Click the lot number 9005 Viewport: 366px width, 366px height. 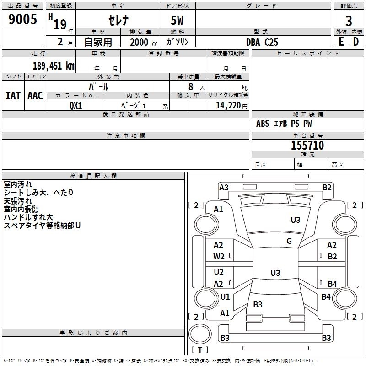click(22, 19)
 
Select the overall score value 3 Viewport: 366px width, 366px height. click(349, 21)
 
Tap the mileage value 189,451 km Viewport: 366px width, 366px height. click(53, 66)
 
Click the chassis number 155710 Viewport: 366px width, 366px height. click(307, 145)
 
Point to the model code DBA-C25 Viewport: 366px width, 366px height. click(262, 42)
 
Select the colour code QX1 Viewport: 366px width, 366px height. click(76, 105)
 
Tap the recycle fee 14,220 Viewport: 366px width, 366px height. click(227, 105)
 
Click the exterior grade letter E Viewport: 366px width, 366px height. click(341, 42)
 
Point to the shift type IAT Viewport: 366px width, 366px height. click(13, 96)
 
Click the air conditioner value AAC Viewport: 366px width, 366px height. click(35, 96)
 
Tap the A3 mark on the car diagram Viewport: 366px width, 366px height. click(224, 187)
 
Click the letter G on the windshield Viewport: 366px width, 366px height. click(289, 241)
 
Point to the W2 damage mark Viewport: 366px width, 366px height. click(219, 257)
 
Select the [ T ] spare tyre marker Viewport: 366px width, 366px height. click(200, 350)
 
